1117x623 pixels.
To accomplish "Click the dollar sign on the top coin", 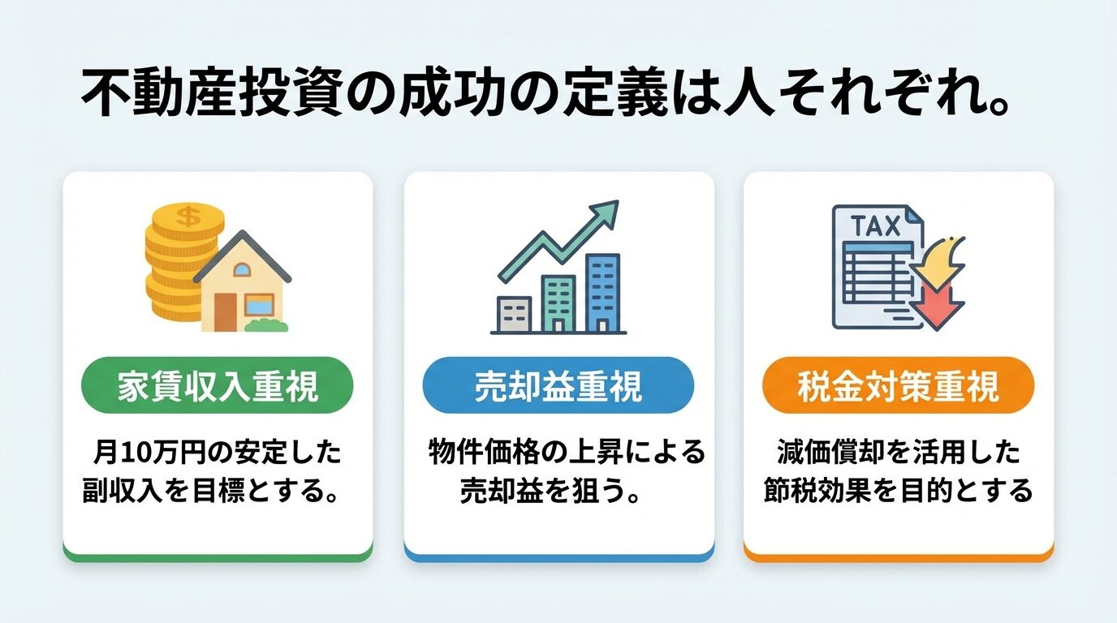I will tap(188, 217).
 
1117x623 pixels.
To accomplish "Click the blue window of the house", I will tap(260, 305).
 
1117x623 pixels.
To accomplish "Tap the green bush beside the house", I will tap(266, 324).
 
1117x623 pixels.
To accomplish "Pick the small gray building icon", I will tap(513, 314).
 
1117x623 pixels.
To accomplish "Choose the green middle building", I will tap(558, 303).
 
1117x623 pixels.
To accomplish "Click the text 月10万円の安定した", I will tap(217, 453).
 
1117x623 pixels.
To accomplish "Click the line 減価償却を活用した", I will tap(898, 453).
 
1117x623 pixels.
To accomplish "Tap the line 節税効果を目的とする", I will tap(898, 491).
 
